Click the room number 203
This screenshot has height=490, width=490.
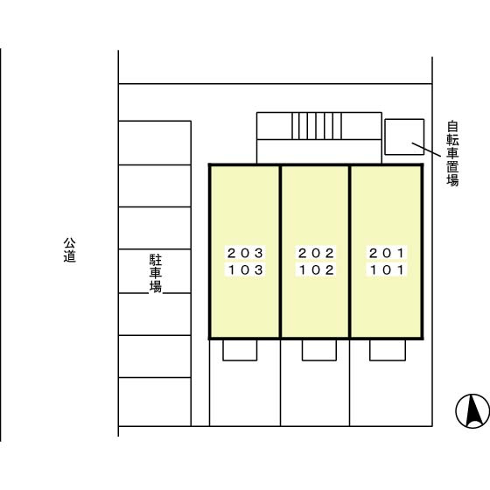point(245,253)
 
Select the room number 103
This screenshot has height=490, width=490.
point(245,270)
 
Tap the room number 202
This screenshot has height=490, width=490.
point(316,253)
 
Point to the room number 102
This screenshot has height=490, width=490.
point(316,270)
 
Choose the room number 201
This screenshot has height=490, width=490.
point(387,253)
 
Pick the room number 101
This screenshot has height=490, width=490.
point(387,270)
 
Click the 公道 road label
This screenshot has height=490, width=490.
point(70,250)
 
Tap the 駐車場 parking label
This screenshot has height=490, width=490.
point(156,273)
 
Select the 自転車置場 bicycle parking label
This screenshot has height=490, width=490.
point(452,154)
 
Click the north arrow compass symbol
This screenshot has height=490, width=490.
point(472,411)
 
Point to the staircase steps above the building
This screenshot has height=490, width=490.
point(317,126)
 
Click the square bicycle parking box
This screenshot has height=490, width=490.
point(404,136)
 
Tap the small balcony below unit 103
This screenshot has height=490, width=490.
point(240,350)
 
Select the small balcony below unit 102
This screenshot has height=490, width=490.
point(319,350)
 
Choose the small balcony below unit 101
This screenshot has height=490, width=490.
point(388,350)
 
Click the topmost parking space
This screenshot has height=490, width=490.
point(155,143)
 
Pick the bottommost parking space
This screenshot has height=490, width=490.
point(155,402)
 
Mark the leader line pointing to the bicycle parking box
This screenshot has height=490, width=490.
point(426,150)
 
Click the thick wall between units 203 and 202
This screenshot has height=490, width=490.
point(280,252)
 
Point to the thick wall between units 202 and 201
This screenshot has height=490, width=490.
point(350,252)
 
